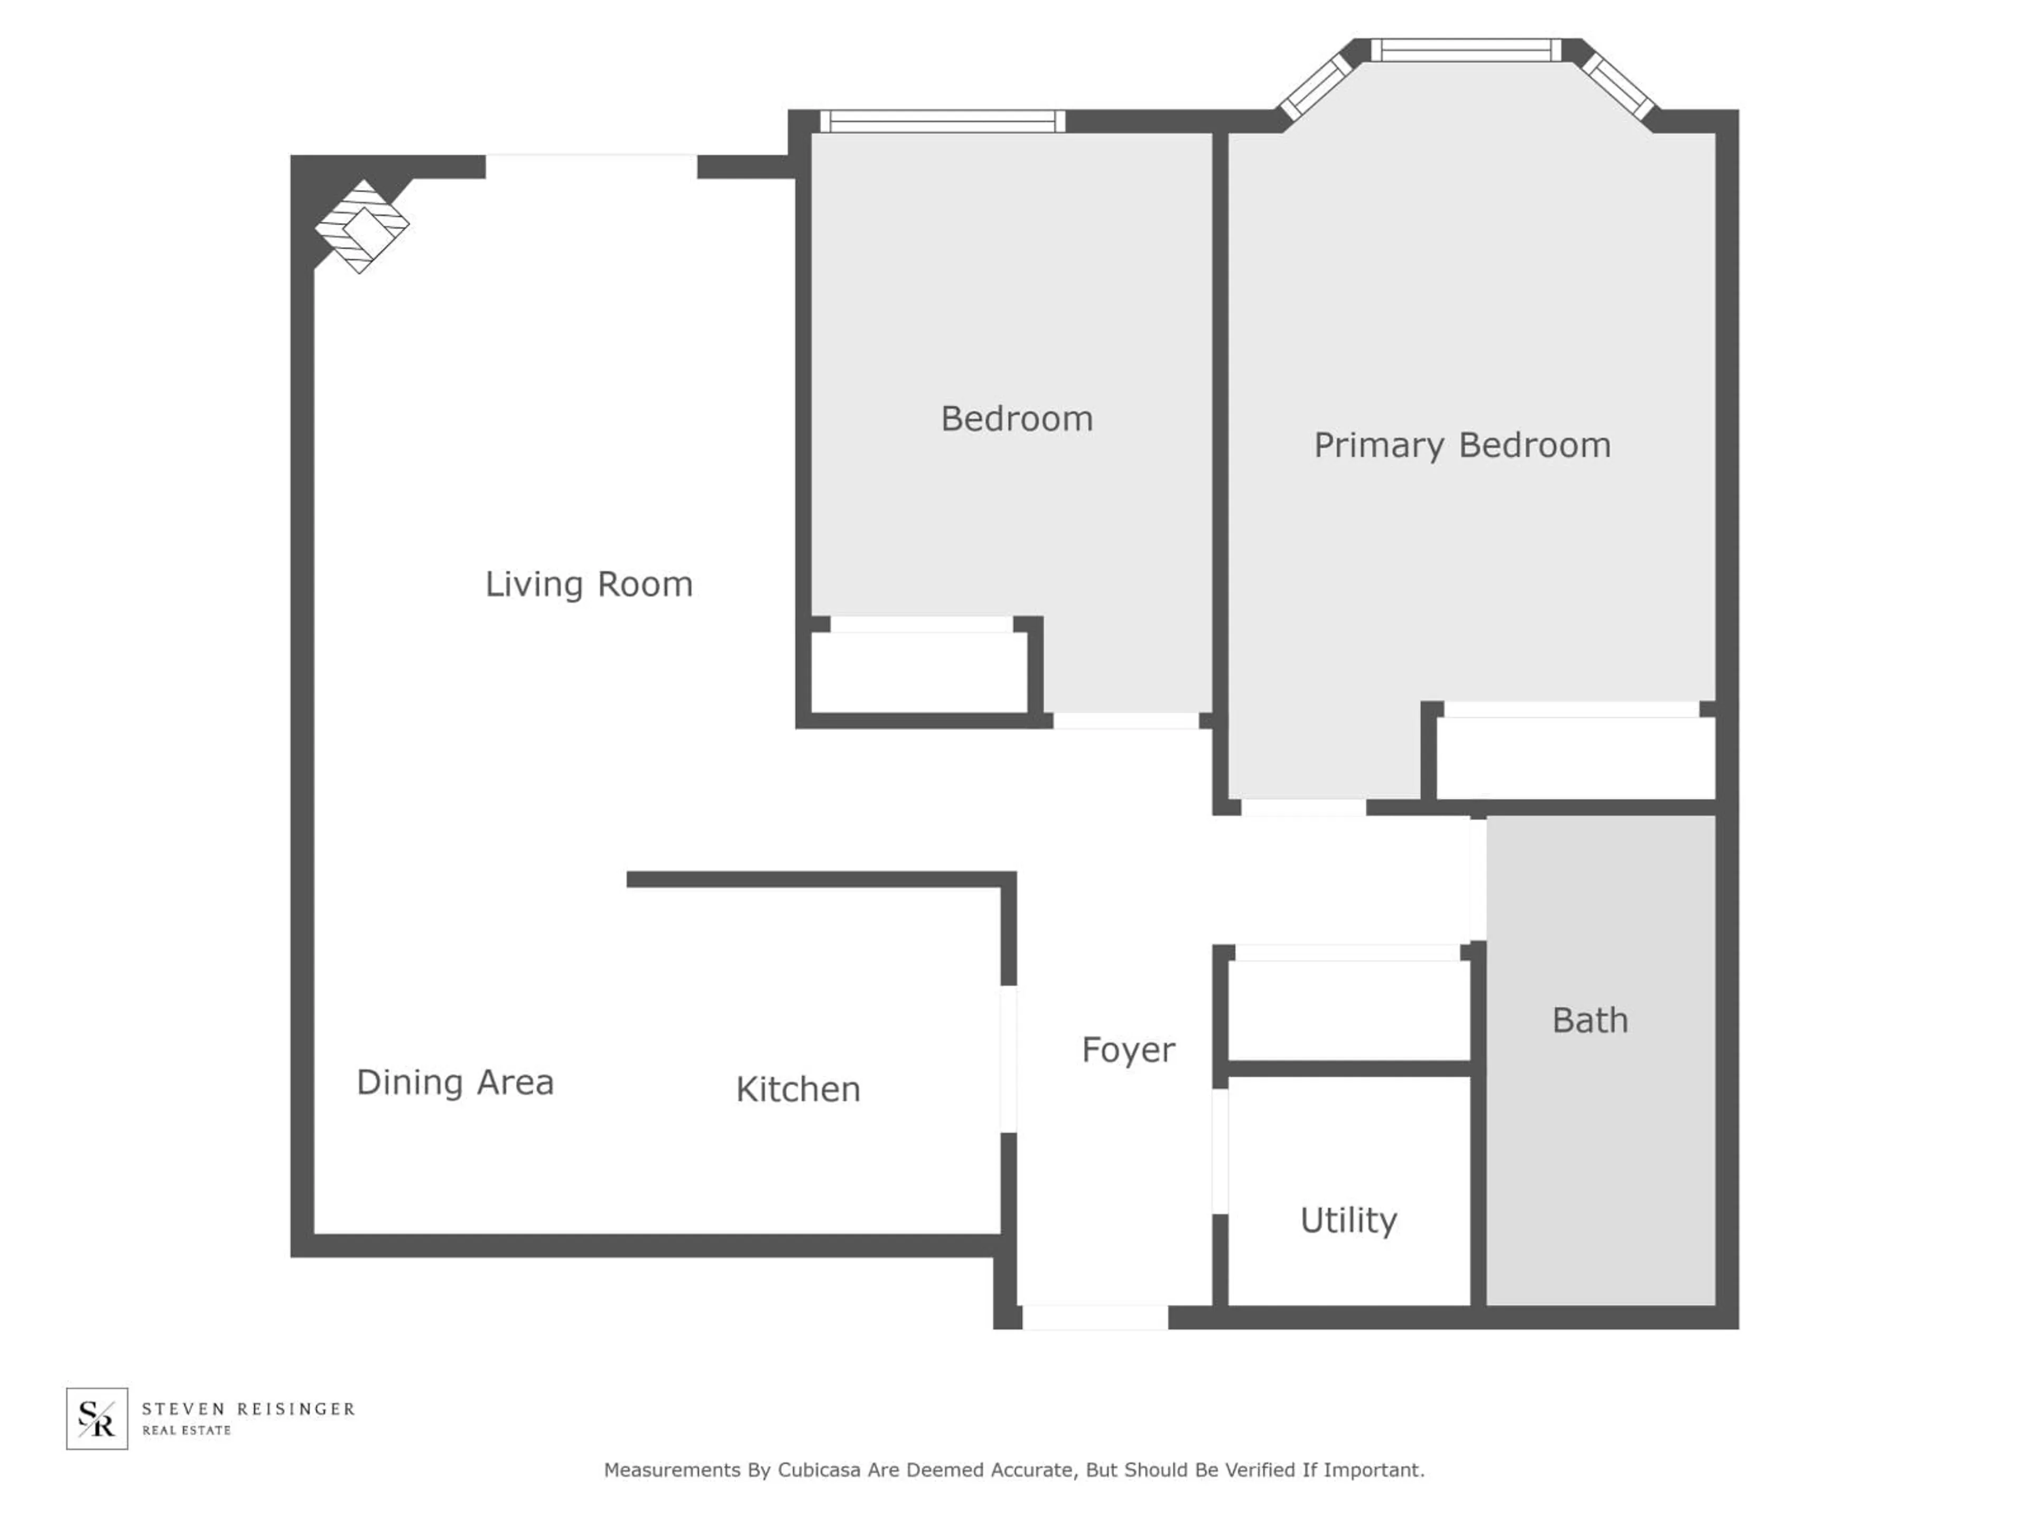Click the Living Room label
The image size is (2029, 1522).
click(x=589, y=584)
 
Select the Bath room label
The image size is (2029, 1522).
click(x=1589, y=1020)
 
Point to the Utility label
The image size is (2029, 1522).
click(x=1348, y=1220)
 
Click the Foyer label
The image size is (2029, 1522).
click(x=1128, y=1050)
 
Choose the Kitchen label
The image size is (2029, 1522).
click(x=798, y=1089)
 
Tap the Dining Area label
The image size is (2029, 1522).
click(x=455, y=1082)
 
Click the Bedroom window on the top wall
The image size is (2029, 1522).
click(x=942, y=121)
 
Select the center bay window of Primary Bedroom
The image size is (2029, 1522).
click(x=1466, y=50)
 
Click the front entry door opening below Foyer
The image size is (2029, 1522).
click(x=1095, y=1317)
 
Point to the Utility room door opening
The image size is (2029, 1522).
click(x=1220, y=1152)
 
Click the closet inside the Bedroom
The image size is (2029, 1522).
click(x=919, y=672)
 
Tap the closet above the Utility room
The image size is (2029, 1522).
click(x=1348, y=1011)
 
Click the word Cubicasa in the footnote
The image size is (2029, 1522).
click(x=819, y=1470)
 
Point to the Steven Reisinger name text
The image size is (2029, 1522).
click(x=248, y=1408)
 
